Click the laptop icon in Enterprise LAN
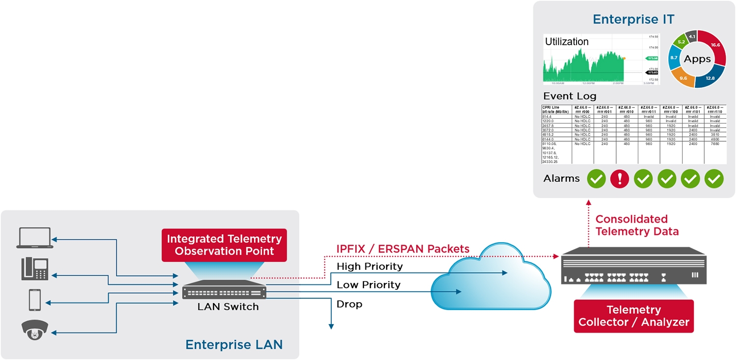pos(34,238)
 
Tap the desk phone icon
pos(34,269)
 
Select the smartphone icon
pos(34,300)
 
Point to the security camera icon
pos(34,330)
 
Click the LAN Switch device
pos(224,292)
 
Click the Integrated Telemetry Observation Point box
pos(224,245)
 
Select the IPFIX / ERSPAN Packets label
pos(402,249)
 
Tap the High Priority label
pos(369,266)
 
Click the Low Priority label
pos(368,284)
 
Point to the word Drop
pos(349,304)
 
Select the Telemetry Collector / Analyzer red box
pos(633,316)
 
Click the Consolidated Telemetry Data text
pos(636,225)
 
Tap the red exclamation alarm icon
pos(620,179)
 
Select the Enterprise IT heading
pos(633,19)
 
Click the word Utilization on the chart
pos(567,42)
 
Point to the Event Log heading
pos(570,96)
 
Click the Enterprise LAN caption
pos(234,344)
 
